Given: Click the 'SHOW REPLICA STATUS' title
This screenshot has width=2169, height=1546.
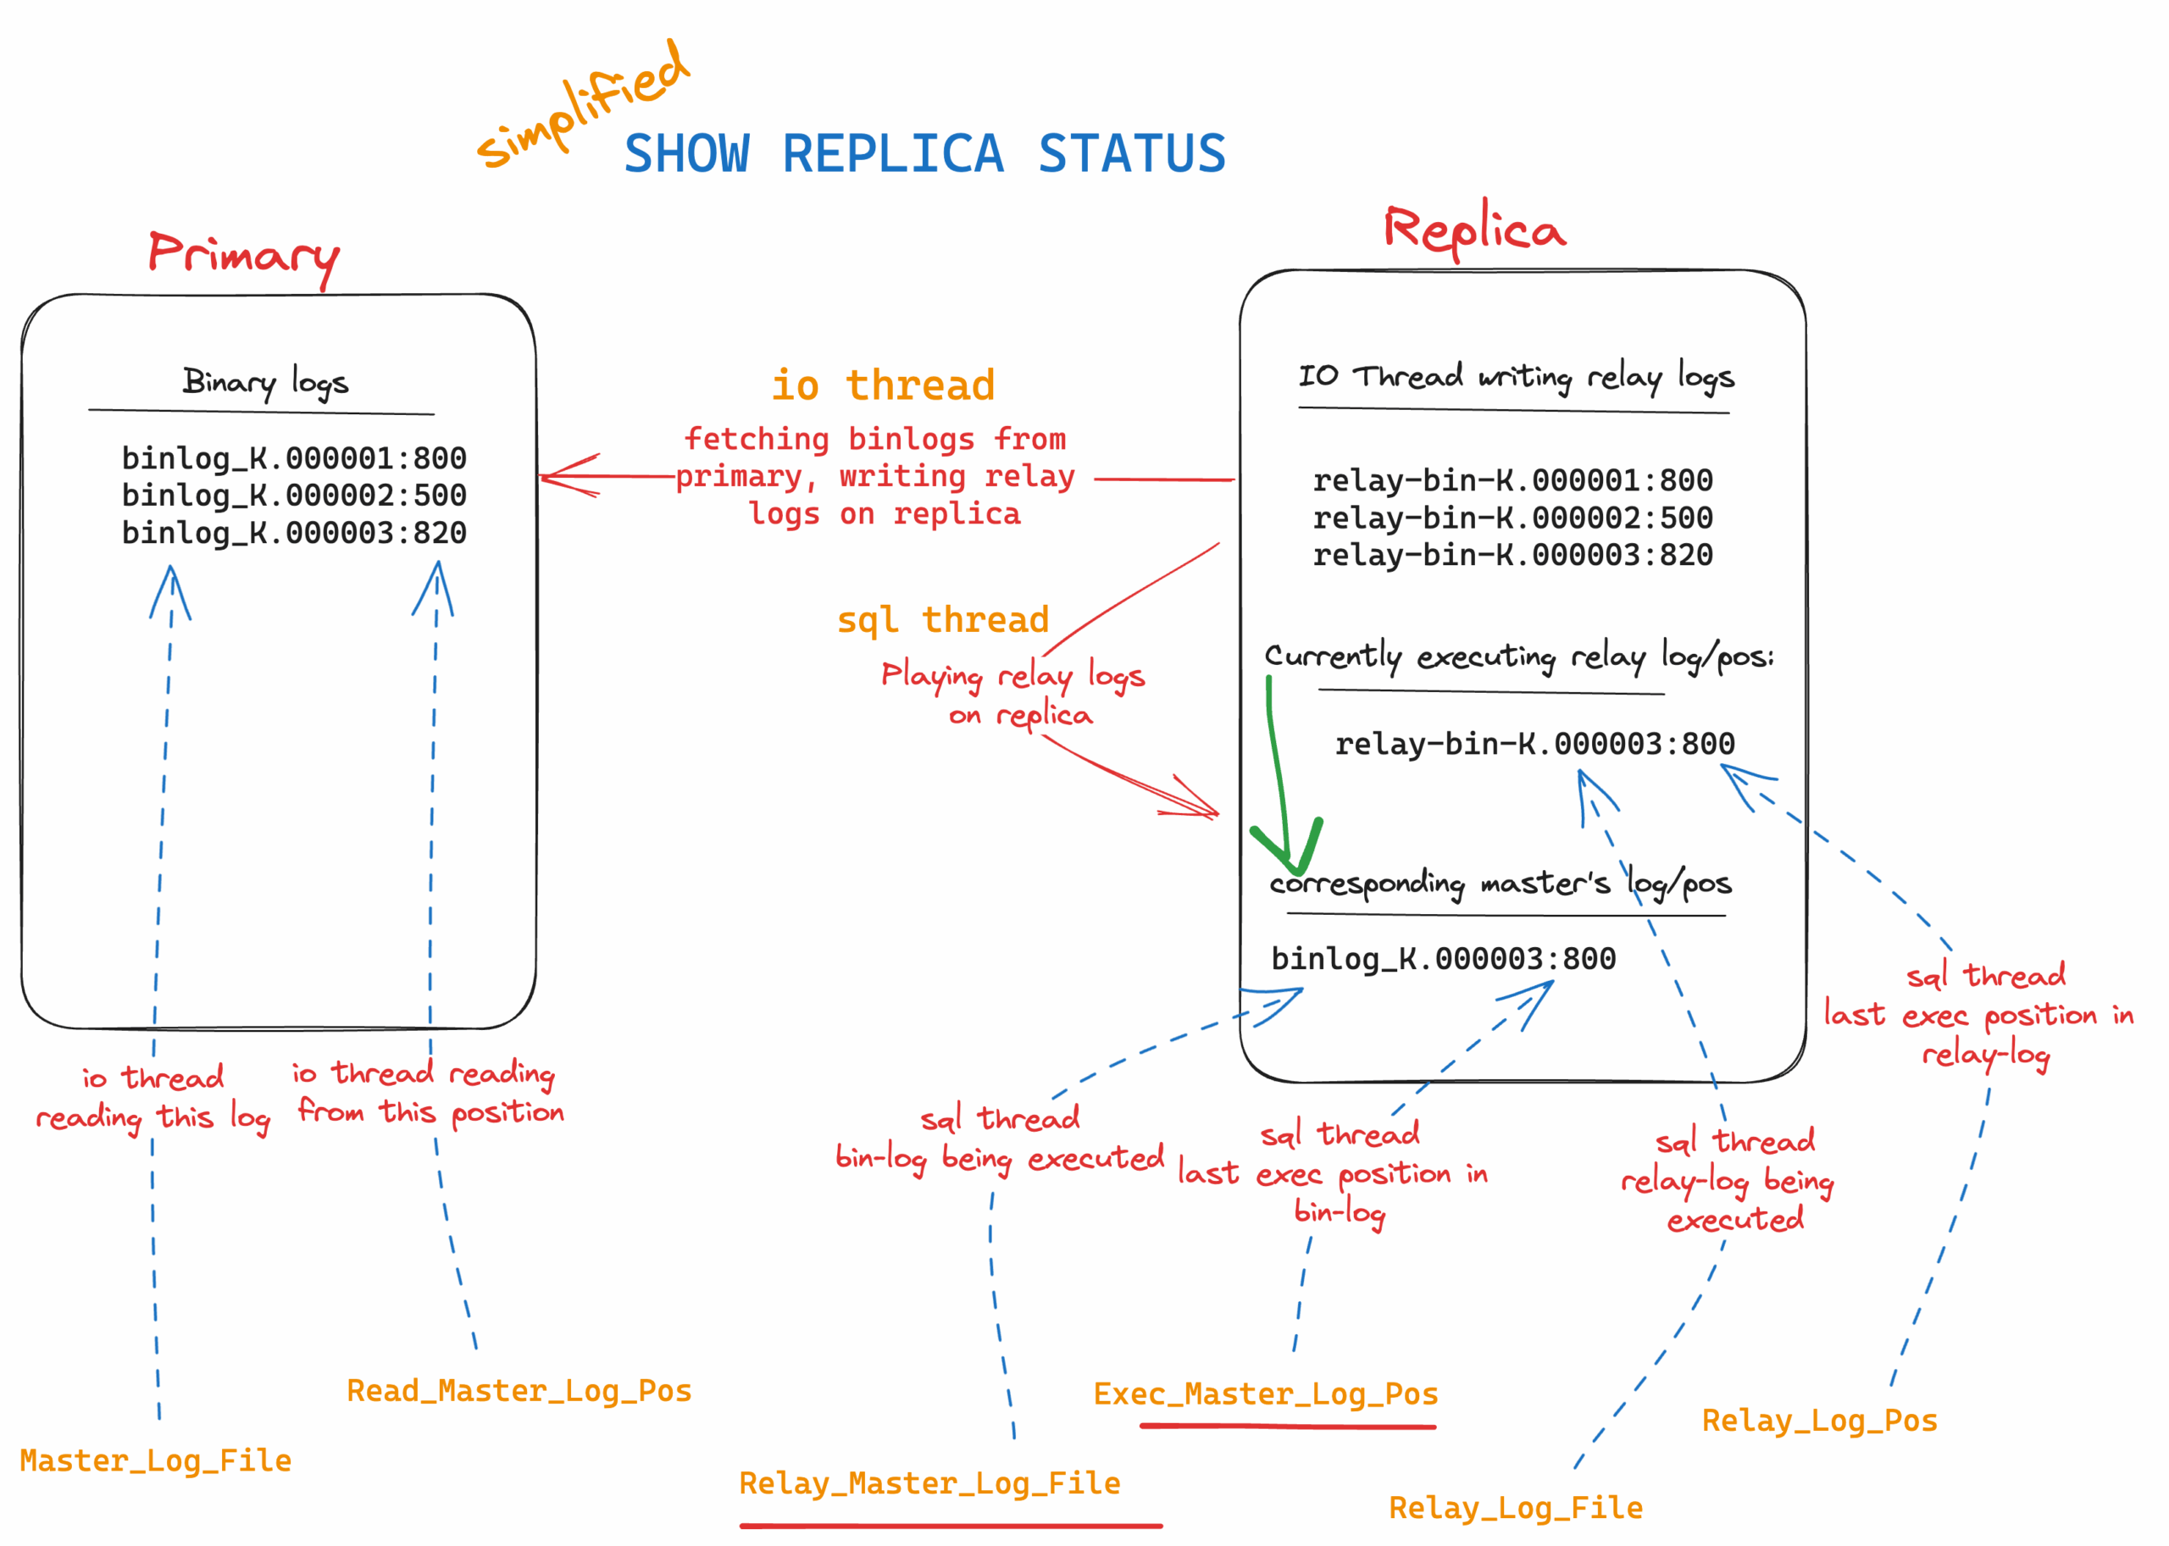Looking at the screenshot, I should (924, 154).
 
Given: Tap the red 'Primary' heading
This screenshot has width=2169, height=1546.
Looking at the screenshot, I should (244, 255).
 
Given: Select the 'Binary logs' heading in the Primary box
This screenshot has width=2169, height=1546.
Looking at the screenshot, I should (266, 383).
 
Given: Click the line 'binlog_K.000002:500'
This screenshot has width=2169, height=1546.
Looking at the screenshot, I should (294, 496).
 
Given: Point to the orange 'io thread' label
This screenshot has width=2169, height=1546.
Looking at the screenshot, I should (883, 385).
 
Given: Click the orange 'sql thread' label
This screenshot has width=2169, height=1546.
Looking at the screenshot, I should (943, 620).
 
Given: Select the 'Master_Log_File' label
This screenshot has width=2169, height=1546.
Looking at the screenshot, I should (155, 1460).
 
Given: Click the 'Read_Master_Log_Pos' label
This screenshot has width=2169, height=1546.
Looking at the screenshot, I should (519, 1391).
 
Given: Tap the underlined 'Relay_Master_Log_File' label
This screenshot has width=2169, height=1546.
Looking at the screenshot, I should (929, 1483).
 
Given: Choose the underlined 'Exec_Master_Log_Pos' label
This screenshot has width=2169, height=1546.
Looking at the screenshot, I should (1266, 1394).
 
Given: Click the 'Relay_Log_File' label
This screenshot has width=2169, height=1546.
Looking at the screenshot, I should (1516, 1508).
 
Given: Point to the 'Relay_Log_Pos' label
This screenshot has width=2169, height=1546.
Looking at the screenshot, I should (1820, 1421).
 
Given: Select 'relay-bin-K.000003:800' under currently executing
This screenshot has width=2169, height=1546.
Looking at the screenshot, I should (1534, 744).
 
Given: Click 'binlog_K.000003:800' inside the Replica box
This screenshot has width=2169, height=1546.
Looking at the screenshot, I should (1444, 959).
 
